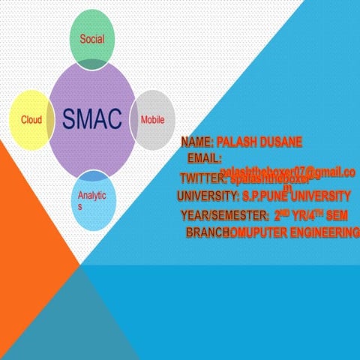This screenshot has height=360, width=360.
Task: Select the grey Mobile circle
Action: (x=154, y=120)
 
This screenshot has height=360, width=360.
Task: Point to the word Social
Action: (x=91, y=38)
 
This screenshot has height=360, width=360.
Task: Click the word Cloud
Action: (x=31, y=120)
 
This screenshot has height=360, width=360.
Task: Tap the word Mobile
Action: (x=152, y=120)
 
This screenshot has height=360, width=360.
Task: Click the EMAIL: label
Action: (x=204, y=159)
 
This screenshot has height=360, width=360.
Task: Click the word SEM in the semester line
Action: (x=337, y=215)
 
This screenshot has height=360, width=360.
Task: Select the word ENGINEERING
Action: (x=320, y=233)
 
